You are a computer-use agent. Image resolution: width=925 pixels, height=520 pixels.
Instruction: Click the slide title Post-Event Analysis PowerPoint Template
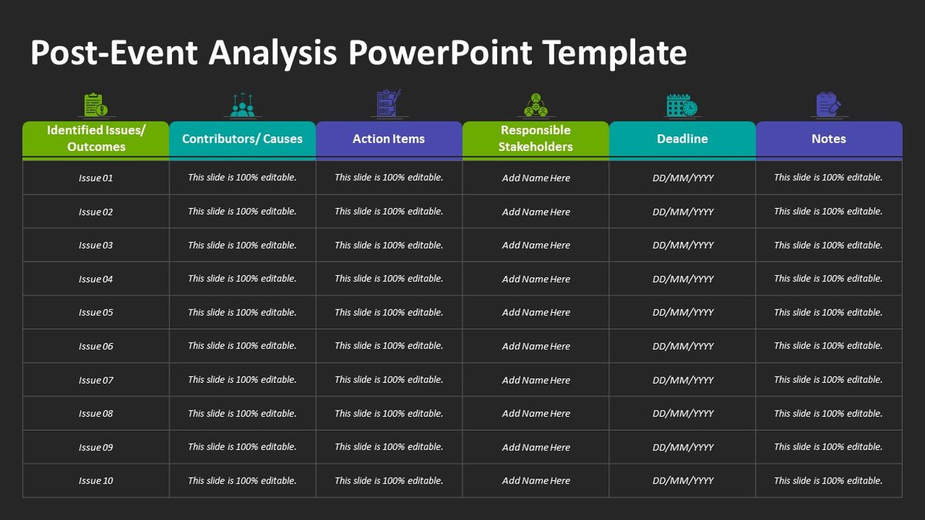point(358,53)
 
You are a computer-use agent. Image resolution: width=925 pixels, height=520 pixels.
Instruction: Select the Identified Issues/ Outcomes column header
point(96,139)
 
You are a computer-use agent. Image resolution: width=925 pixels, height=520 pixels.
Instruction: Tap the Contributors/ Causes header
point(242,139)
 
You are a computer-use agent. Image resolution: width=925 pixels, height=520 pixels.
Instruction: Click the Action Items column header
point(388,139)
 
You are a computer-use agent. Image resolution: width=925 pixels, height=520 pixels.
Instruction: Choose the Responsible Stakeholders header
point(536,139)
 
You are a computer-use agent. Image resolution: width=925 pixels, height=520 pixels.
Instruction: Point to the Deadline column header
point(682,139)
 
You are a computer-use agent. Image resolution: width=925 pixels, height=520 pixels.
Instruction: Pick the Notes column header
point(829,139)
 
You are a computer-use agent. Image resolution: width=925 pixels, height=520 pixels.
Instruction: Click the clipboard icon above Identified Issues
point(96,105)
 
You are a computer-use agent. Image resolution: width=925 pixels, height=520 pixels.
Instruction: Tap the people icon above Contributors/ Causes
point(242,105)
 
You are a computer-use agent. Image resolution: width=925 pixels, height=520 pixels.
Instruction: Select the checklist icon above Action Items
point(388,104)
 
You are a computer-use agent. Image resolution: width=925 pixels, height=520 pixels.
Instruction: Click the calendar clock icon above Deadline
point(681,105)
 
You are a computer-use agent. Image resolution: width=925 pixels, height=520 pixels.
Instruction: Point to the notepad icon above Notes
point(829,105)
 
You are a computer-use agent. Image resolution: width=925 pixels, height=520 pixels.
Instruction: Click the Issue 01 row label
point(96,178)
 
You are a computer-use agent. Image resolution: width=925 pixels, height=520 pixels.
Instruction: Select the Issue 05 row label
point(96,313)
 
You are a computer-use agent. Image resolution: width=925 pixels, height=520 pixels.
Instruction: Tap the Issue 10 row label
point(96,481)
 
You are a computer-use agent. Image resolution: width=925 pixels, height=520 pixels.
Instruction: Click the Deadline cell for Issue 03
point(683,245)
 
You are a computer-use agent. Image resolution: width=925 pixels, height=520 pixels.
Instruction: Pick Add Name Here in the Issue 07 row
point(536,380)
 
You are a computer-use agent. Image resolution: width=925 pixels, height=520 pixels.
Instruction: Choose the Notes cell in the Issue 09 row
point(828,447)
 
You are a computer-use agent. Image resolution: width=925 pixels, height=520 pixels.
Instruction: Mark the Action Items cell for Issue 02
point(388,211)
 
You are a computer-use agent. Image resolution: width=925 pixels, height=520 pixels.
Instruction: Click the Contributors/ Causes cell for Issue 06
point(242,346)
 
